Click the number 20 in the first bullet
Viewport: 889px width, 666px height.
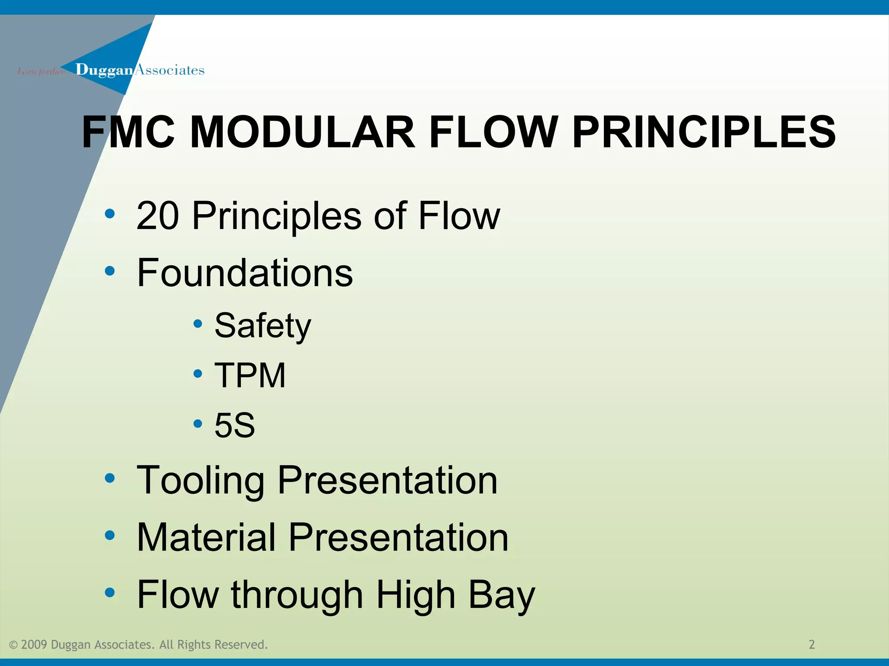pyautogui.click(x=157, y=215)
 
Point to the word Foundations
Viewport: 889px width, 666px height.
pyautogui.click(x=245, y=273)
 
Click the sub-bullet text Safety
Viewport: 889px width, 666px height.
pyautogui.click(x=263, y=326)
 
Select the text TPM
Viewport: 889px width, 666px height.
pyautogui.click(x=250, y=375)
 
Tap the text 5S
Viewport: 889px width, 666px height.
pyautogui.click(x=235, y=425)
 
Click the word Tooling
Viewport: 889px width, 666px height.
pyautogui.click(x=200, y=480)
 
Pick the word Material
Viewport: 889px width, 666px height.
pyautogui.click(x=206, y=538)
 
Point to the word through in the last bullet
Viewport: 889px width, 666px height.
pyautogui.click(x=297, y=595)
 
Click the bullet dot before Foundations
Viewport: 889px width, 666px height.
pyautogui.click(x=110, y=271)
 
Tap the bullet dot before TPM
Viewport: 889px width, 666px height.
pyautogui.click(x=198, y=373)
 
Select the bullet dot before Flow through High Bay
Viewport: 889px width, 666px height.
pyautogui.click(x=110, y=592)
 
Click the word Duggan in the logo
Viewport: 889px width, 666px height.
pyautogui.click(x=104, y=70)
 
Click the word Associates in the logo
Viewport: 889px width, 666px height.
pyautogui.click(x=169, y=70)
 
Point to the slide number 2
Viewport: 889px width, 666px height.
pyautogui.click(x=812, y=644)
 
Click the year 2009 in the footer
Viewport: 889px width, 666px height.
pyautogui.click(x=33, y=645)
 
